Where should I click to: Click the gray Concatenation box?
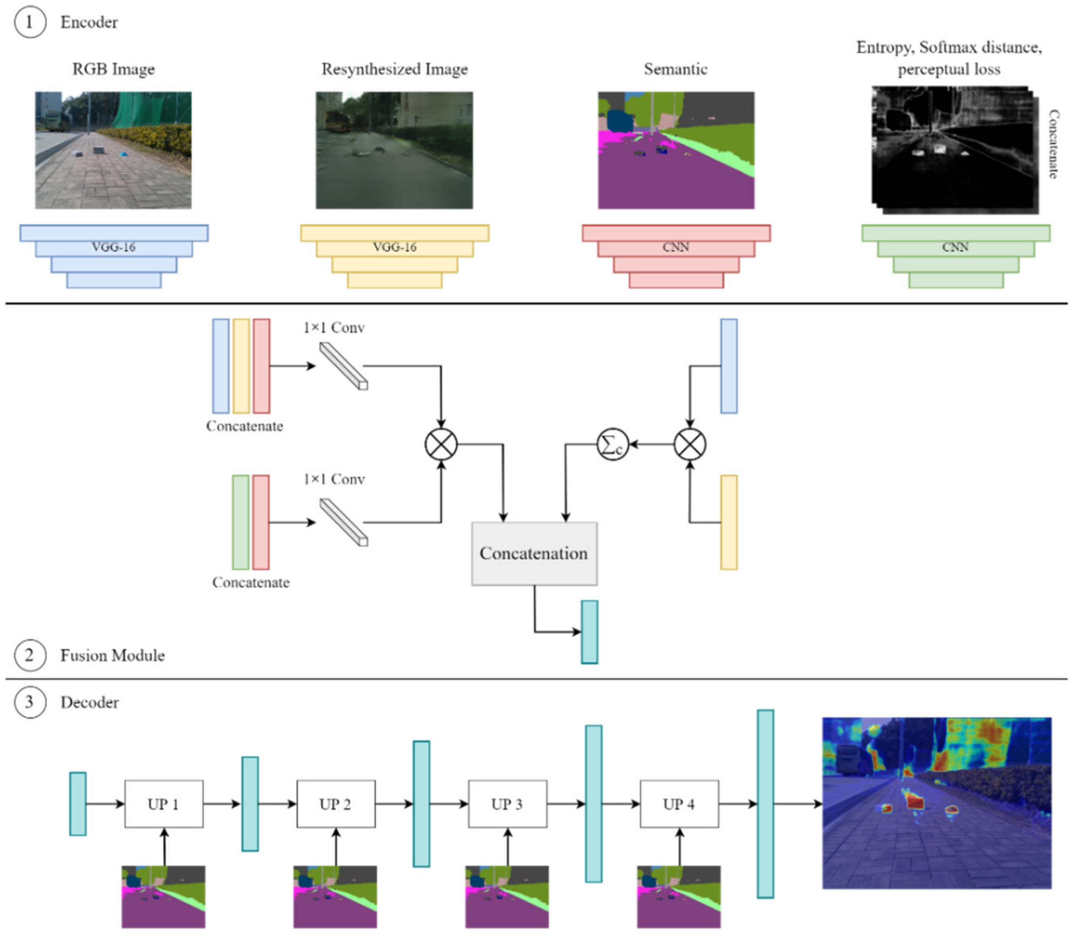pos(534,554)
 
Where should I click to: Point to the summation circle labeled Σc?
pos(612,445)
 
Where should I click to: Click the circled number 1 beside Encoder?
pos(30,22)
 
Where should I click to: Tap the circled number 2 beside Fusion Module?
pos(30,655)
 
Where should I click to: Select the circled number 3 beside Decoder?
pos(30,702)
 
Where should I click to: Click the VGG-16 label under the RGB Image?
pos(113,247)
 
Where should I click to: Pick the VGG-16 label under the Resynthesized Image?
pos(395,247)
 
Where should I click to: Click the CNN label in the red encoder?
pos(676,247)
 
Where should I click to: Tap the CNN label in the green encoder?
pos(955,247)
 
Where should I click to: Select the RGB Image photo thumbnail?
pos(113,151)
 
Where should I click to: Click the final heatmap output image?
pos(937,803)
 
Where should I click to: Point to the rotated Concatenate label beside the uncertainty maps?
pos(1053,144)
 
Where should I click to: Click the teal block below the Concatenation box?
pos(589,632)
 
